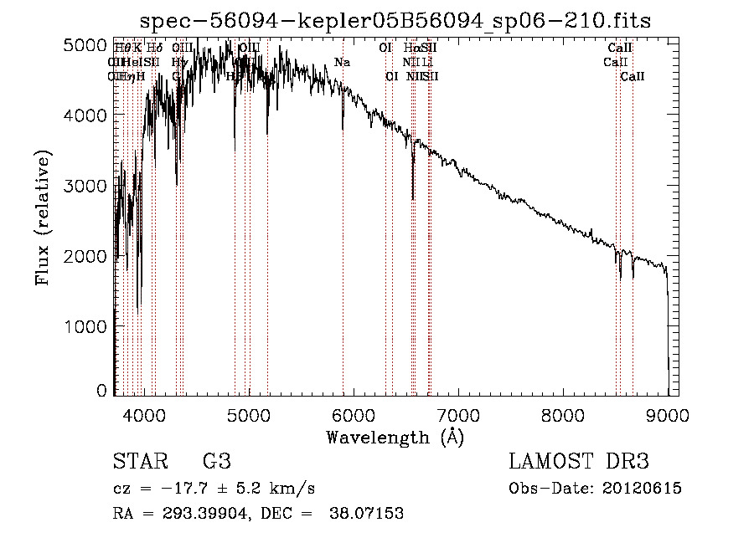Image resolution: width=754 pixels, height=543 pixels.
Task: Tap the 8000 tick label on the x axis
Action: tap(563, 413)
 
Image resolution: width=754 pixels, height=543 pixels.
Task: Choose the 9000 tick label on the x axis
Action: tap(668, 413)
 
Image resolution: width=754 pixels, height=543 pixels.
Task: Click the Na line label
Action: tap(342, 62)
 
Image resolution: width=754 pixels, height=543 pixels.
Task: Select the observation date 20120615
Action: tap(642, 489)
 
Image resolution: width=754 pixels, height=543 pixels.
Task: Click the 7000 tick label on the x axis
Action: tap(458, 413)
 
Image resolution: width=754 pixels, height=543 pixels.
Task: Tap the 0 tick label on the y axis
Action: tap(101, 391)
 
